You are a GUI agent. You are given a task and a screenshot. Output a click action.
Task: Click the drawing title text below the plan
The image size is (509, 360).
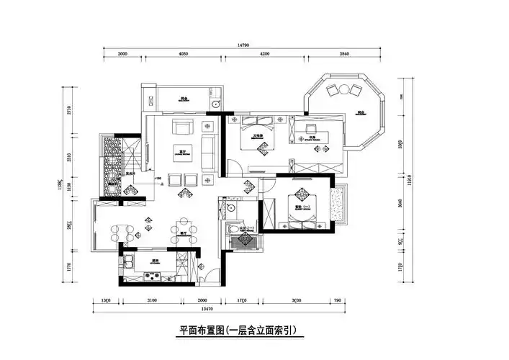[238, 330]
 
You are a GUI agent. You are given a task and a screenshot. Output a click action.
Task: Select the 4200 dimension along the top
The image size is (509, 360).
[264, 53]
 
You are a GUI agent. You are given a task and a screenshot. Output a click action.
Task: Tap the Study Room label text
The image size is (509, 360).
[315, 136]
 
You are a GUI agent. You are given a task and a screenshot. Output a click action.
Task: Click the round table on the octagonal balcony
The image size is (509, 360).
[344, 89]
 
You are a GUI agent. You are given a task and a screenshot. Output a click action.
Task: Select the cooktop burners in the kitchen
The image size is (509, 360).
[153, 275]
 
